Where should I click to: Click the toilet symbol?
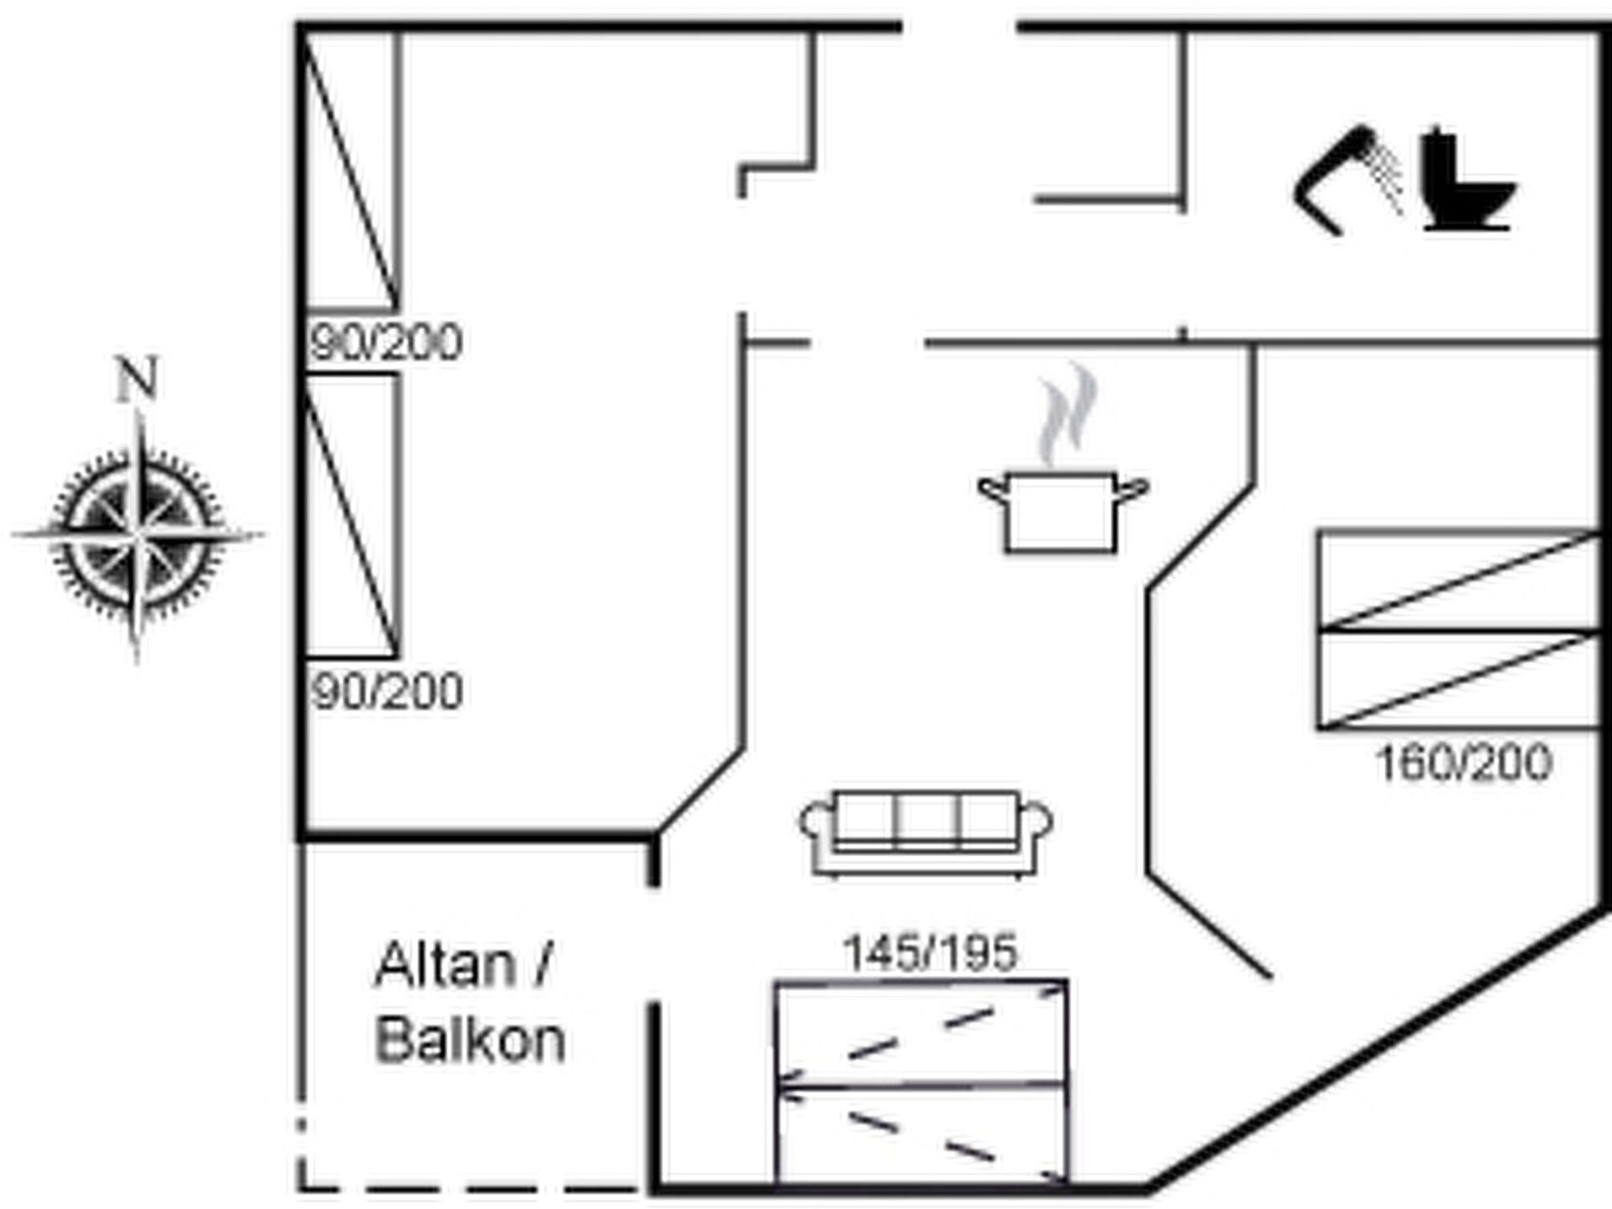1468,180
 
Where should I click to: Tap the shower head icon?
1347,181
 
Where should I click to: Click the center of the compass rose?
138,534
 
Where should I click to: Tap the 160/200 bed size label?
1463,763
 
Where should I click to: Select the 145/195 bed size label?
929,953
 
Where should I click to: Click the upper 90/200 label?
386,343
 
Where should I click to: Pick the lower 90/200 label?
386,692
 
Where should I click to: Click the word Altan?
445,965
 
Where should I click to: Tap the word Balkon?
470,1040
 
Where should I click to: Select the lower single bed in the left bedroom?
351,516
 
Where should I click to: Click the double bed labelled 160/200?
1459,630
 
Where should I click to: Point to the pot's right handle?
1132,489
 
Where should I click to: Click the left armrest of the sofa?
816,826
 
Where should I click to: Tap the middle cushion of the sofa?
927,818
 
